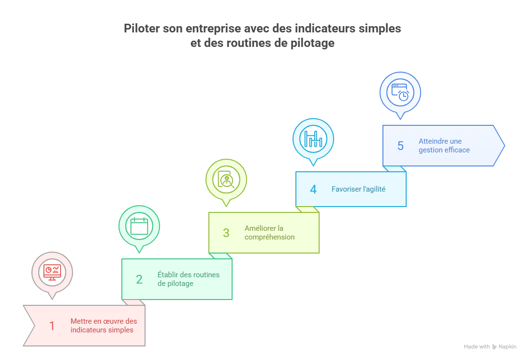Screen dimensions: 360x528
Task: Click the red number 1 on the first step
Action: click(x=52, y=326)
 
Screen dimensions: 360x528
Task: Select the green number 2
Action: click(x=139, y=279)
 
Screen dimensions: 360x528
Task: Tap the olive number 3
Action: click(x=226, y=233)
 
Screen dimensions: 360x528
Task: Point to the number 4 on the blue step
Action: click(x=313, y=189)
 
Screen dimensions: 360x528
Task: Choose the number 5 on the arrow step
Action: click(x=400, y=146)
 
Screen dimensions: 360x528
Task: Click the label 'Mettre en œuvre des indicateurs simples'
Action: click(x=103, y=326)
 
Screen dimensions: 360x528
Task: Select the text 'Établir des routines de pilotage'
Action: click(x=189, y=279)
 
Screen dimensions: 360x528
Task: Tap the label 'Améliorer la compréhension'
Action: click(x=269, y=233)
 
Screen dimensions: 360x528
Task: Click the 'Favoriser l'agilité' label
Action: click(x=358, y=189)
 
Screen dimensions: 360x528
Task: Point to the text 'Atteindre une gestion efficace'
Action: click(x=444, y=146)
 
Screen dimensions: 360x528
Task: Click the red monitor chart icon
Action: click(x=52, y=272)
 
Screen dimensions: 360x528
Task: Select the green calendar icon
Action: click(x=139, y=226)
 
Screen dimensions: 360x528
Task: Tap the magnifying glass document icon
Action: click(x=226, y=180)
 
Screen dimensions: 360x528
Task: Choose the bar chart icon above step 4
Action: click(x=313, y=138)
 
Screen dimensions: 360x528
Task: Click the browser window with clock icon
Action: click(x=400, y=92)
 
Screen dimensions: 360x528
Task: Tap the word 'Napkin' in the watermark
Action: click(x=507, y=346)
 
